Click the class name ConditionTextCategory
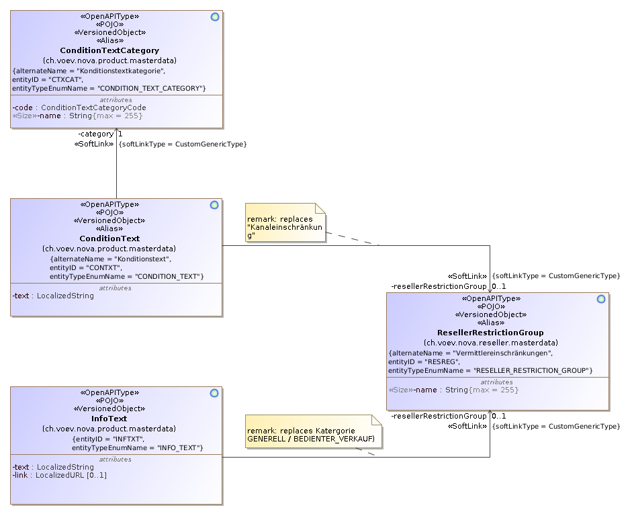[x=109, y=50]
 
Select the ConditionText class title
[x=109, y=239]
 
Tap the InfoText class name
[x=109, y=419]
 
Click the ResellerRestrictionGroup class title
[x=490, y=333]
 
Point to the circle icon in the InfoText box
[x=215, y=393]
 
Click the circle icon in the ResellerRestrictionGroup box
[x=601, y=299]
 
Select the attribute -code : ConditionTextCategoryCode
[x=79, y=108]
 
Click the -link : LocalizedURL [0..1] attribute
[x=59, y=475]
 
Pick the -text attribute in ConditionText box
[x=53, y=295]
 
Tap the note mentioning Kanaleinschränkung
[x=285, y=222]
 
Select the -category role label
[x=95, y=134]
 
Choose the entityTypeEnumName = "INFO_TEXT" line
[x=137, y=447]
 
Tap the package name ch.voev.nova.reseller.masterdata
[x=490, y=343]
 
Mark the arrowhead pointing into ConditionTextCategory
[x=117, y=132]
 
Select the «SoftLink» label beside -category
[x=93, y=144]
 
